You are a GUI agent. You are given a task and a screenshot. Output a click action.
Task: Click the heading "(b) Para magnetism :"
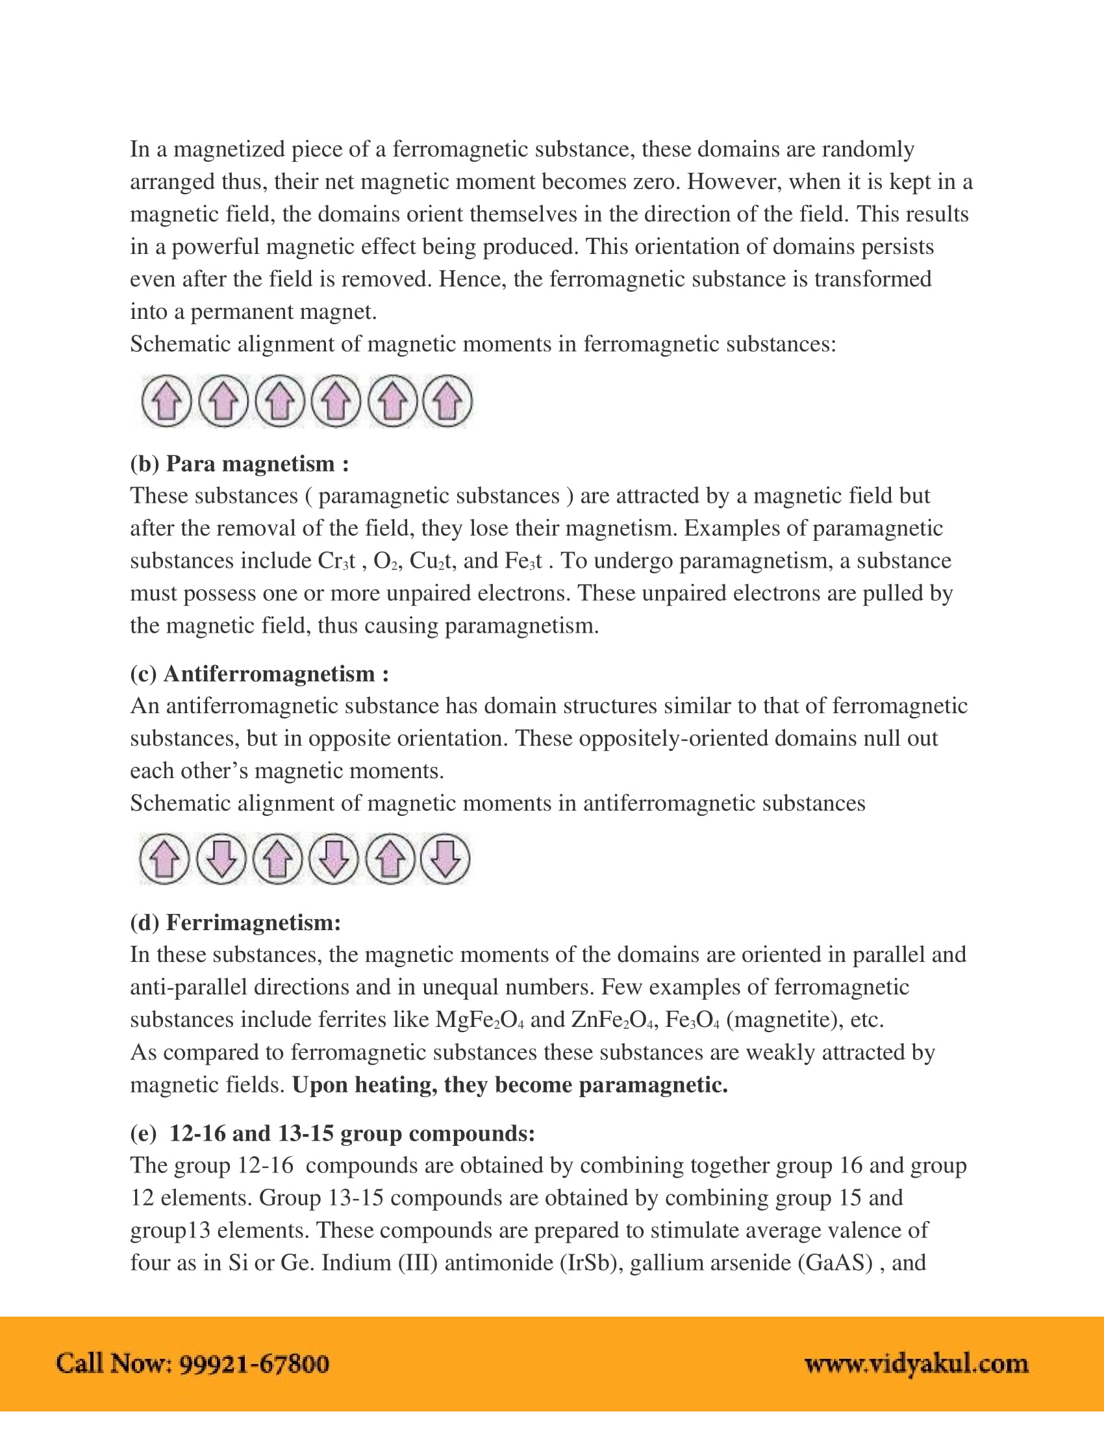point(240,464)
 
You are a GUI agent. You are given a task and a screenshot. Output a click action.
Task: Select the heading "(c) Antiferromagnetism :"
point(260,674)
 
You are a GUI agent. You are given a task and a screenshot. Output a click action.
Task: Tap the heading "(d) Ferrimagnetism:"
point(236,922)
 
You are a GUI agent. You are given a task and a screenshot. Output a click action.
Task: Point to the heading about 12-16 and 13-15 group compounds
point(333,1133)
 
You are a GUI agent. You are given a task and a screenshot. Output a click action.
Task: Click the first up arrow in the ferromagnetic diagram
point(167,401)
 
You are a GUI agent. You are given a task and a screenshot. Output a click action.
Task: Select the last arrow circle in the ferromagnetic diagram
point(447,401)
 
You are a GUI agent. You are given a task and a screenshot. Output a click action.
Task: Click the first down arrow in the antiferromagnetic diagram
point(221,859)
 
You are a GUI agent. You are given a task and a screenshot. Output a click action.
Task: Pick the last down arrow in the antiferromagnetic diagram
point(445,859)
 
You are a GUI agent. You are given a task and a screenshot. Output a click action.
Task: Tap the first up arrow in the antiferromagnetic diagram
point(165,859)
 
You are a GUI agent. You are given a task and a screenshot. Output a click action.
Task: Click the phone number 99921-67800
point(254,1364)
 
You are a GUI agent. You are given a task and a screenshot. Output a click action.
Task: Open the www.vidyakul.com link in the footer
point(916,1364)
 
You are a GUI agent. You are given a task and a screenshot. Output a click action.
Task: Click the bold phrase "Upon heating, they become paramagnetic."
point(510,1085)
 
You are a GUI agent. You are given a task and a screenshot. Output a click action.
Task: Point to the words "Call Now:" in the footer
point(114,1364)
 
